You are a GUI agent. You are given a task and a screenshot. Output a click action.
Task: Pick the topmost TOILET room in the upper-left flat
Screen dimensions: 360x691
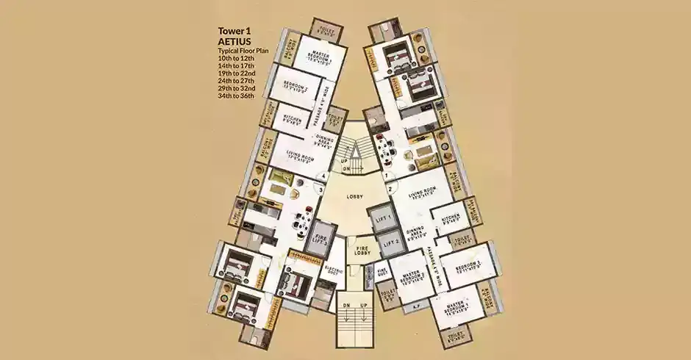click(323, 30)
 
